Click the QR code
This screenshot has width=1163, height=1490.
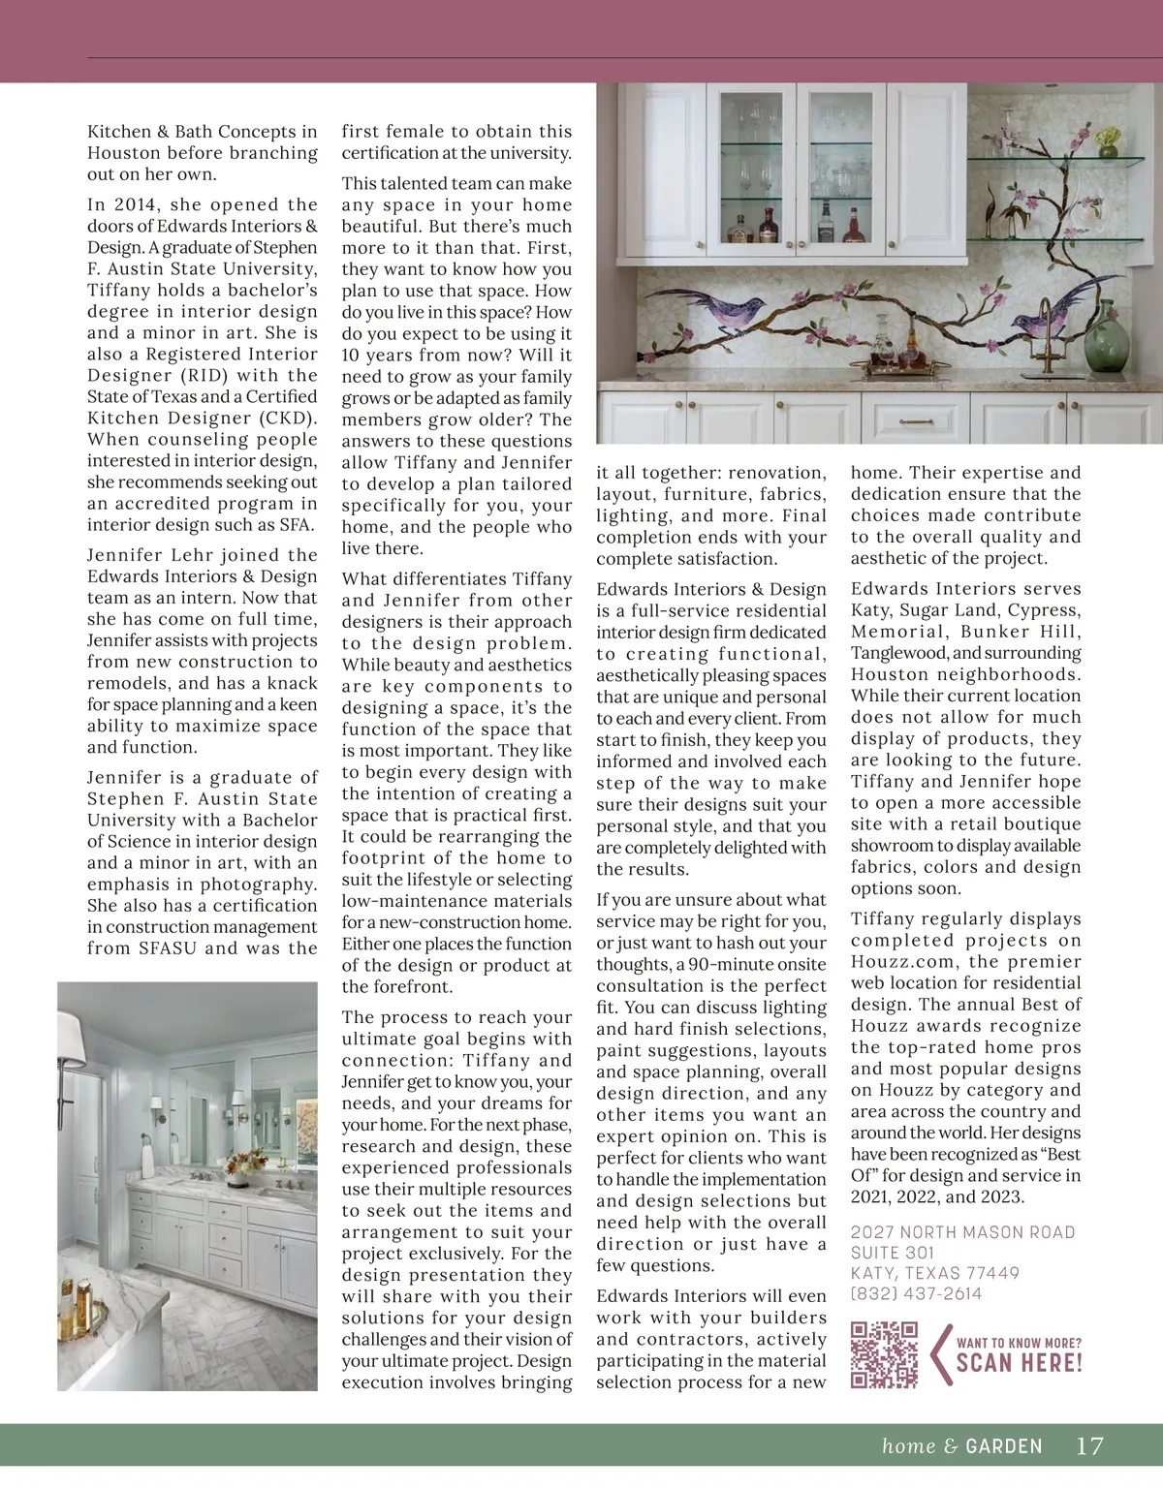pyautogui.click(x=883, y=1353)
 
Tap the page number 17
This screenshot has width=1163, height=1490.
pyautogui.click(x=1089, y=1446)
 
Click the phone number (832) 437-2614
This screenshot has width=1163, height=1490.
pyautogui.click(x=916, y=1294)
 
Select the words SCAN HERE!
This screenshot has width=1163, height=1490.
pyautogui.click(x=1019, y=1362)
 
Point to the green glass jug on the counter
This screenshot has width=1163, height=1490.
pyautogui.click(x=1102, y=346)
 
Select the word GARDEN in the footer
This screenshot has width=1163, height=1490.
pyautogui.click(x=1004, y=1446)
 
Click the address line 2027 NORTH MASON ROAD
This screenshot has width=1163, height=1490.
pyautogui.click(x=962, y=1231)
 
